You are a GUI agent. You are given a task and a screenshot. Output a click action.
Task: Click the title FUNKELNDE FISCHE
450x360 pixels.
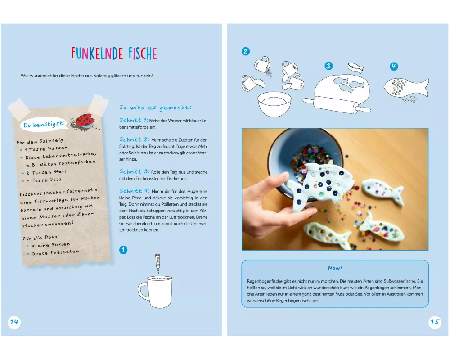(x=114, y=54)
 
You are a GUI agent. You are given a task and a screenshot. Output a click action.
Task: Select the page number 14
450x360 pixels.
(x=14, y=322)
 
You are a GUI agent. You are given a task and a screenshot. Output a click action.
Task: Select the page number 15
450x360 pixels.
(x=435, y=322)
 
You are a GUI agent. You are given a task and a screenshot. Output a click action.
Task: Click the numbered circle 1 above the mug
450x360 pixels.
(x=123, y=250)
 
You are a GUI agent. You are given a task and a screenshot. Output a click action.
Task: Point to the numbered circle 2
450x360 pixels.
(x=246, y=51)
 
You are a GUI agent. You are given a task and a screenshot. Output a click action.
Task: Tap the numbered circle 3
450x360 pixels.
(x=328, y=66)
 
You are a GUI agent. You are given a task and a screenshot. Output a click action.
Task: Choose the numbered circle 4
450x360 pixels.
(x=394, y=66)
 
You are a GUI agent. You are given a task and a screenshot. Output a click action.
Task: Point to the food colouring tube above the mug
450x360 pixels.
(x=157, y=263)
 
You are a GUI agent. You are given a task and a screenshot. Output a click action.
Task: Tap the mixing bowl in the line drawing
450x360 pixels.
(x=274, y=104)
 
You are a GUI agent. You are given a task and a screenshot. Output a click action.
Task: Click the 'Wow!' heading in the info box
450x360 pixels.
(x=335, y=268)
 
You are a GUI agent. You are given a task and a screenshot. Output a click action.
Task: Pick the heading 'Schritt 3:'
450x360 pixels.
(x=134, y=171)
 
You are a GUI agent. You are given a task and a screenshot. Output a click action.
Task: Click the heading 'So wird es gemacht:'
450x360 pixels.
(x=155, y=108)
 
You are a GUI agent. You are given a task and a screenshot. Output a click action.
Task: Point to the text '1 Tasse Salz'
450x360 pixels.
(x=44, y=180)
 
